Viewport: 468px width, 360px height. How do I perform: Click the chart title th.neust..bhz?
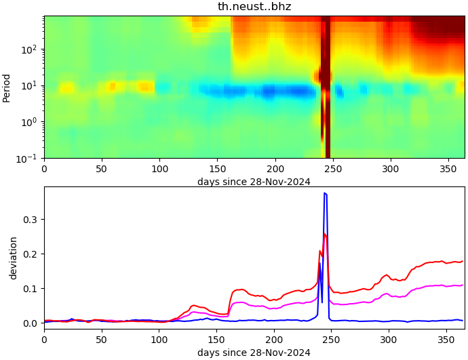click(x=254, y=7)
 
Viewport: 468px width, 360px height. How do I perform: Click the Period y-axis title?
click(x=7, y=87)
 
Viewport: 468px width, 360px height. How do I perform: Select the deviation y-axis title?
click(x=14, y=258)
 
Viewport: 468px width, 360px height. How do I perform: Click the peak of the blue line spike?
click(x=325, y=193)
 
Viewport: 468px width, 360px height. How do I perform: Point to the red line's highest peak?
click(x=325, y=234)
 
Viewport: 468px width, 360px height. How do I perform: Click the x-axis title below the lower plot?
click(x=254, y=353)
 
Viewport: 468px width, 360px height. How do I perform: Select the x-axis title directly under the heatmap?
click(x=254, y=182)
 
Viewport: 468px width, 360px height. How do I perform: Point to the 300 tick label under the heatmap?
click(x=390, y=167)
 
